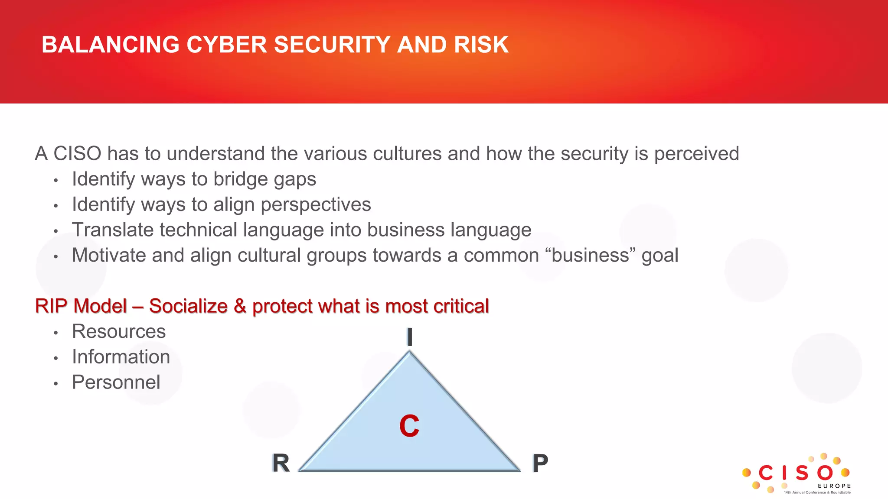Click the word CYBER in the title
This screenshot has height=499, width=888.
[226, 45]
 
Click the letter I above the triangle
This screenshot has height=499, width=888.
[409, 337]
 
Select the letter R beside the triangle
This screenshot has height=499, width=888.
[281, 463]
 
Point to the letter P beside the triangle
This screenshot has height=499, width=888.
[540, 463]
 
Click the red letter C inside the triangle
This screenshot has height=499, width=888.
[409, 426]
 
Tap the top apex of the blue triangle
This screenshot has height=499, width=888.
[409, 353]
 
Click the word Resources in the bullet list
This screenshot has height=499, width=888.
[119, 331]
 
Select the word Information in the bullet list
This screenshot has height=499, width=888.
[121, 357]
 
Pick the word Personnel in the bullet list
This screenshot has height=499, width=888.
[116, 382]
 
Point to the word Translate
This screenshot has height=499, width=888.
[112, 230]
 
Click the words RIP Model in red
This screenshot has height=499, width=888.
[81, 306]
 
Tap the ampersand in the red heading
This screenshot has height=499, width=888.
[240, 306]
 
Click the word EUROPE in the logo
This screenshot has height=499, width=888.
[834, 486]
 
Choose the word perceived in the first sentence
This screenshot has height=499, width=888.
[696, 154]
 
